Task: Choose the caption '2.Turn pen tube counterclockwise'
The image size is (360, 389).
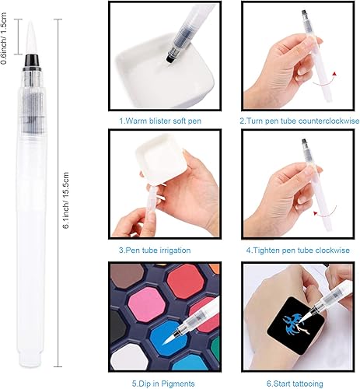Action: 295,121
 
